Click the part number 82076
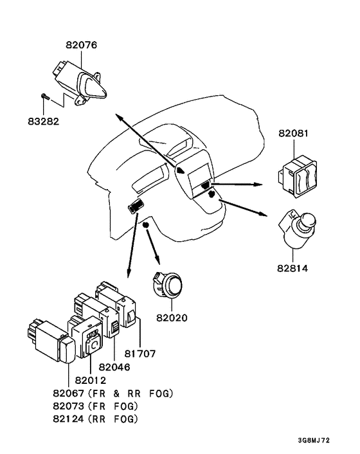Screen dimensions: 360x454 tap(81, 45)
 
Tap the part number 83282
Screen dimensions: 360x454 tap(44, 121)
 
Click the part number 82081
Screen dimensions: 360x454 tap(293, 133)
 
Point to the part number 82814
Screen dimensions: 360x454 tap(292, 268)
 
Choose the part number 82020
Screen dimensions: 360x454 tap(172, 318)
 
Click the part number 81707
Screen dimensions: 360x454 tap(140, 354)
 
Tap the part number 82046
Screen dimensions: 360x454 tap(114, 367)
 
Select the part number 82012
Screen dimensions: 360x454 tap(90, 380)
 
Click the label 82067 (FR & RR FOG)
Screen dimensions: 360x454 tap(113, 393)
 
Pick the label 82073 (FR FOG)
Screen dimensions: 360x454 tap(96, 406)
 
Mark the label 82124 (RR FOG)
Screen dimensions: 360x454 tap(96, 419)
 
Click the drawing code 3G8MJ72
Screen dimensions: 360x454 tap(314, 440)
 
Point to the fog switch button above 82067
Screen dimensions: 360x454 tap(67, 350)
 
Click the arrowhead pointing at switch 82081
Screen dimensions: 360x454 tap(257, 185)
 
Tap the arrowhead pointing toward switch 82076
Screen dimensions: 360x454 tap(119, 117)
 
